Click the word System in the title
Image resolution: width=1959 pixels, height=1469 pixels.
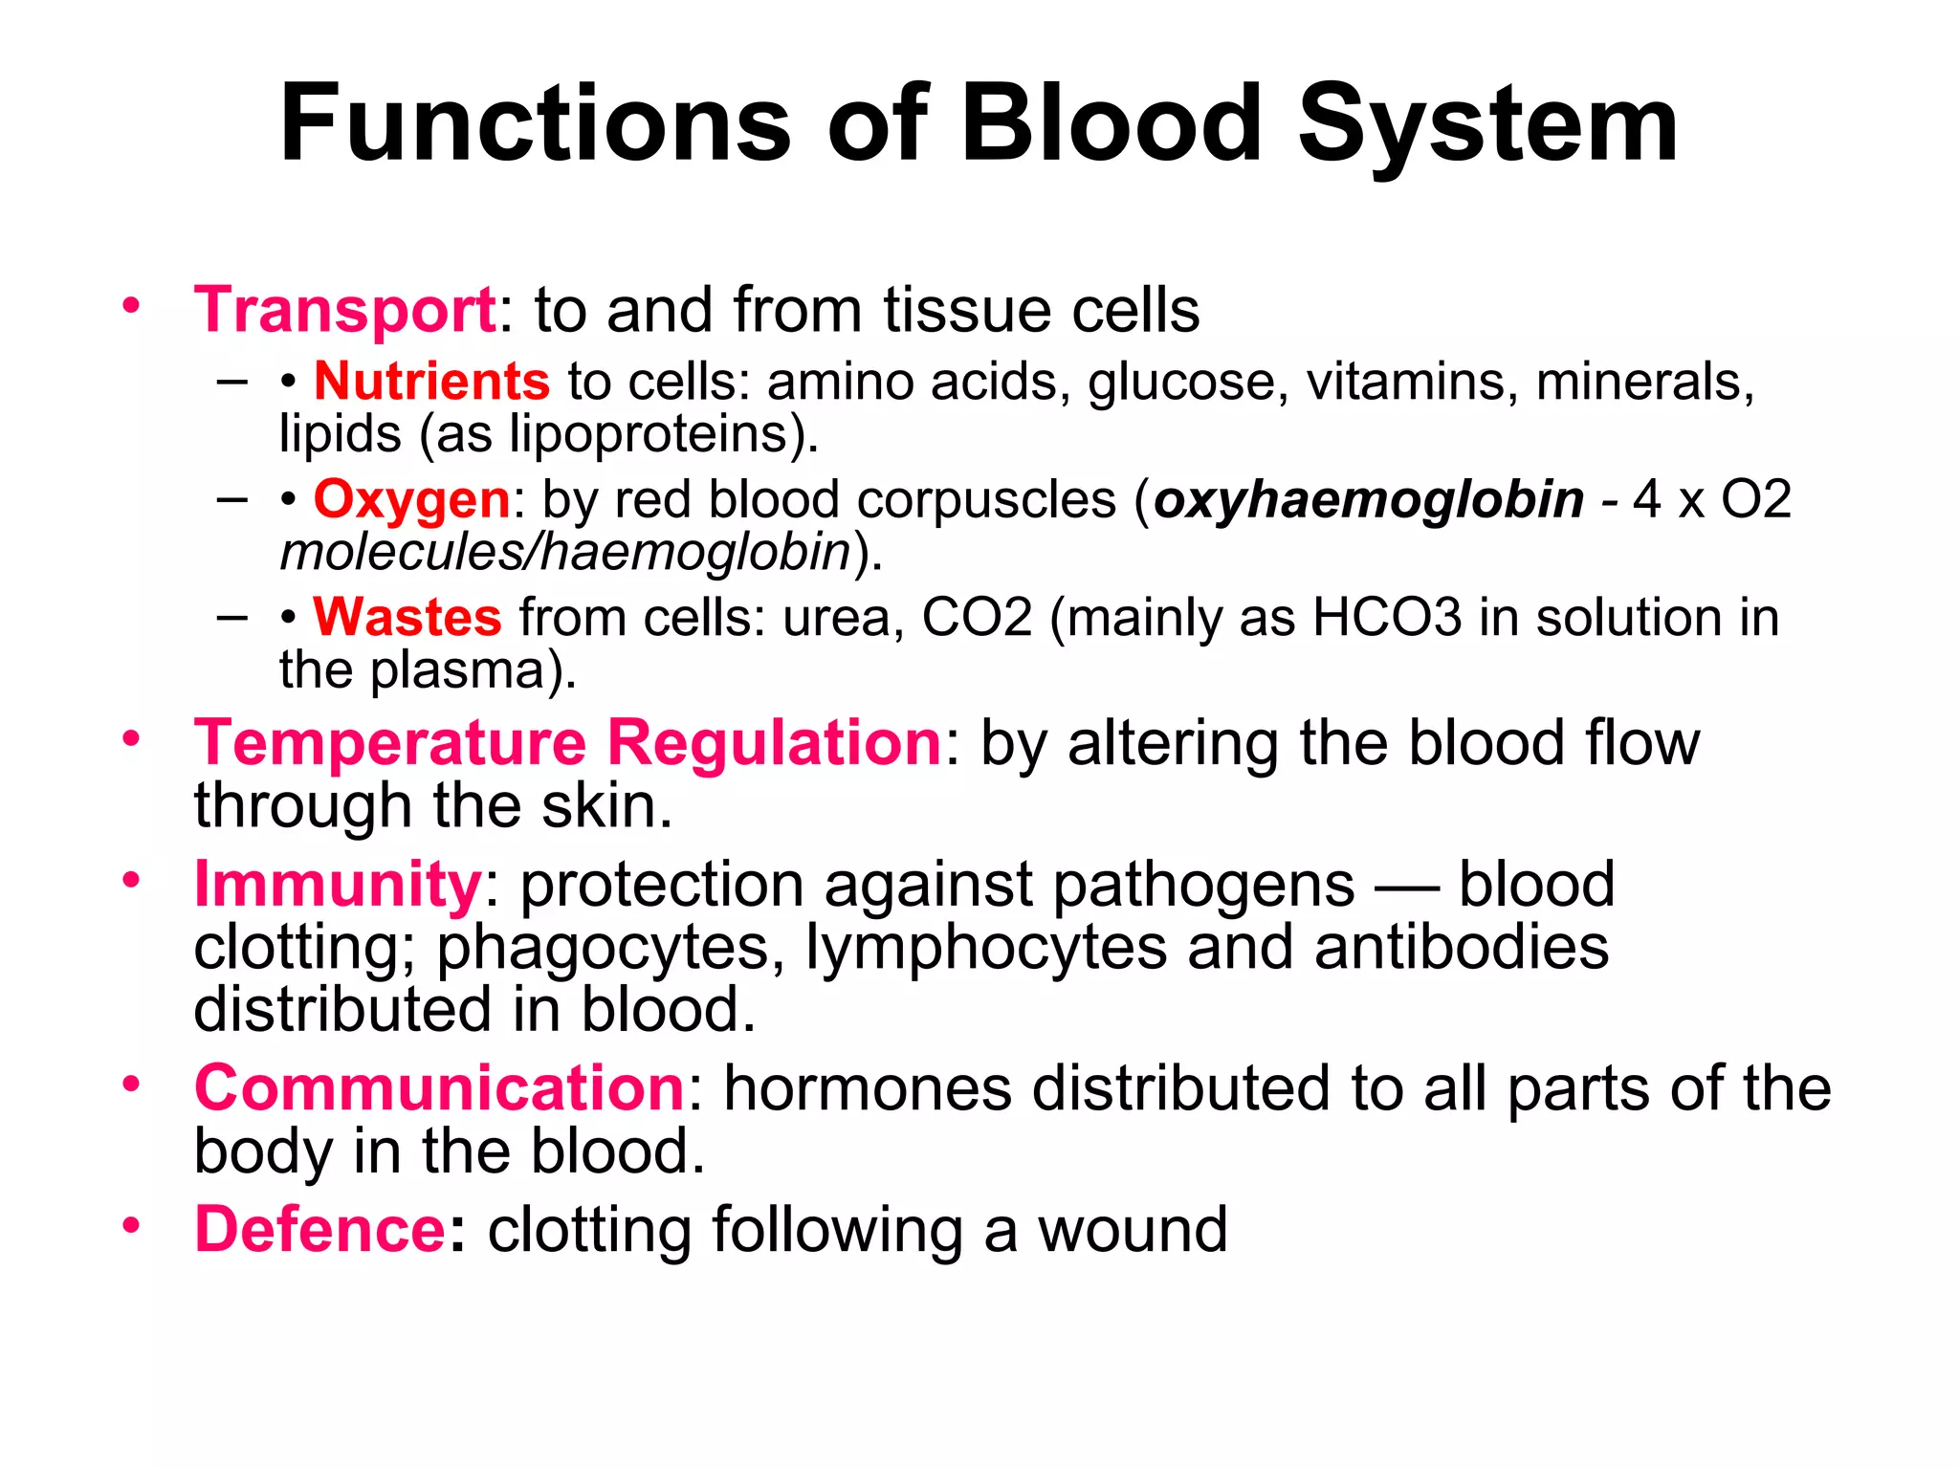click(x=1486, y=124)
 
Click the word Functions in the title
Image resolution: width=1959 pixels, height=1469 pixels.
click(x=536, y=124)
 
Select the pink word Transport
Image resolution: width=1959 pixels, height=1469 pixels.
click(x=344, y=311)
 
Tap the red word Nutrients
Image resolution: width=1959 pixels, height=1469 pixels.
click(x=431, y=382)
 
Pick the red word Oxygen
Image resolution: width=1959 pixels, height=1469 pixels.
click(x=411, y=500)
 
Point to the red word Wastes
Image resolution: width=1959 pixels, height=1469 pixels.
click(x=407, y=618)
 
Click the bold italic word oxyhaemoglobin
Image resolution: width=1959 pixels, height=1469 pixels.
click(x=1369, y=500)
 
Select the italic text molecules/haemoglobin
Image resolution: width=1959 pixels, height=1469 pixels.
click(x=565, y=553)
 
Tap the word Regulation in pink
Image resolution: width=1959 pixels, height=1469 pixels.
click(x=776, y=743)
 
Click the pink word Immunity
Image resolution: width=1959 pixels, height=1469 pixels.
click(x=338, y=885)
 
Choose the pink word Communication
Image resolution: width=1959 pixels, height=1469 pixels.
click(x=439, y=1088)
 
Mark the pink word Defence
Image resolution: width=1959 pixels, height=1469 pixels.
click(x=319, y=1230)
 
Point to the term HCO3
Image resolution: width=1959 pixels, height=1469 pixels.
click(x=1387, y=618)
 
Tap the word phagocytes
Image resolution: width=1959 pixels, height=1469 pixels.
click(x=604, y=948)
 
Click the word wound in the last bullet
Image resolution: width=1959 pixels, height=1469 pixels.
click(x=1133, y=1230)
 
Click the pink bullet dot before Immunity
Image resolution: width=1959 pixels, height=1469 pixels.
click(x=131, y=879)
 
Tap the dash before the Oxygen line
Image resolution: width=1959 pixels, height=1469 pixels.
click(x=231, y=500)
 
